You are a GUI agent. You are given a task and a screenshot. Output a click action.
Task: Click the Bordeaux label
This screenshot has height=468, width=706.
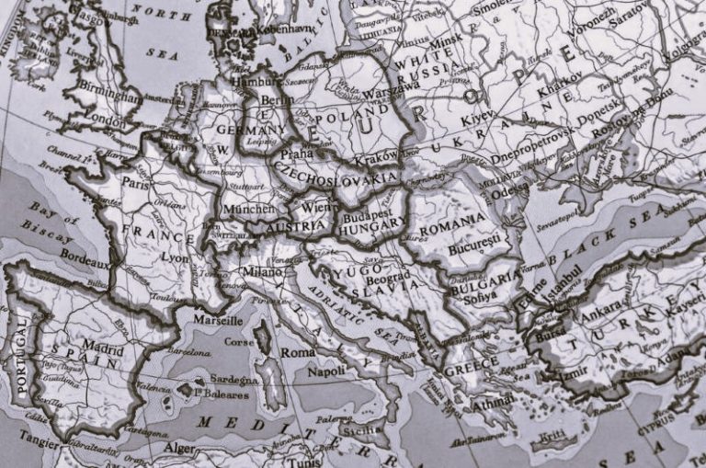pos(84,261)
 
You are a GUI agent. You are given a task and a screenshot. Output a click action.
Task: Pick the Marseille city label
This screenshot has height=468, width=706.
pos(218,320)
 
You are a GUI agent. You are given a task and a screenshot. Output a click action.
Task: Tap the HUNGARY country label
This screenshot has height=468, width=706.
pos(370,223)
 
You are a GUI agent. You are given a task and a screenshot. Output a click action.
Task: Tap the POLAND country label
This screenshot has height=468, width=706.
pos(342,118)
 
